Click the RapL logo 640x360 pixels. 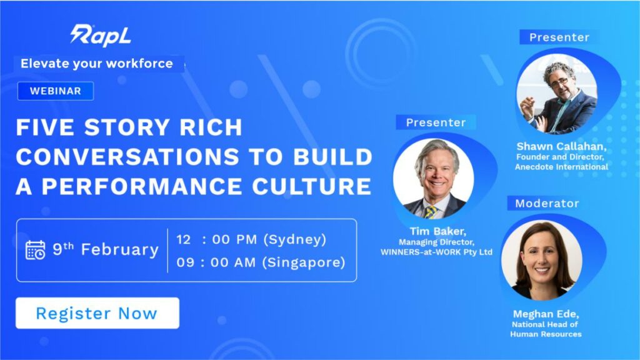101,35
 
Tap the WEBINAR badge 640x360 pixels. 56,91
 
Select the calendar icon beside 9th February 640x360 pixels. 36,250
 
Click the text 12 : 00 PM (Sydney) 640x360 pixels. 251,239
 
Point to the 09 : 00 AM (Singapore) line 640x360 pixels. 261,262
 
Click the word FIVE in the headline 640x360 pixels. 45,127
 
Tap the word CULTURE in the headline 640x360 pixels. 311,186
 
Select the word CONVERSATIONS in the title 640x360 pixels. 127,157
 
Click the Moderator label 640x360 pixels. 547,203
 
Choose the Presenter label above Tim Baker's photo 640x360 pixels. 436,122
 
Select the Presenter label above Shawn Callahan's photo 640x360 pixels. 559,37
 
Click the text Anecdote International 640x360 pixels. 561,167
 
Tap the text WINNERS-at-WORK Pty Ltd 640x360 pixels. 436,252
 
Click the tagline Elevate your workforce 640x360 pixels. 97,64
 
